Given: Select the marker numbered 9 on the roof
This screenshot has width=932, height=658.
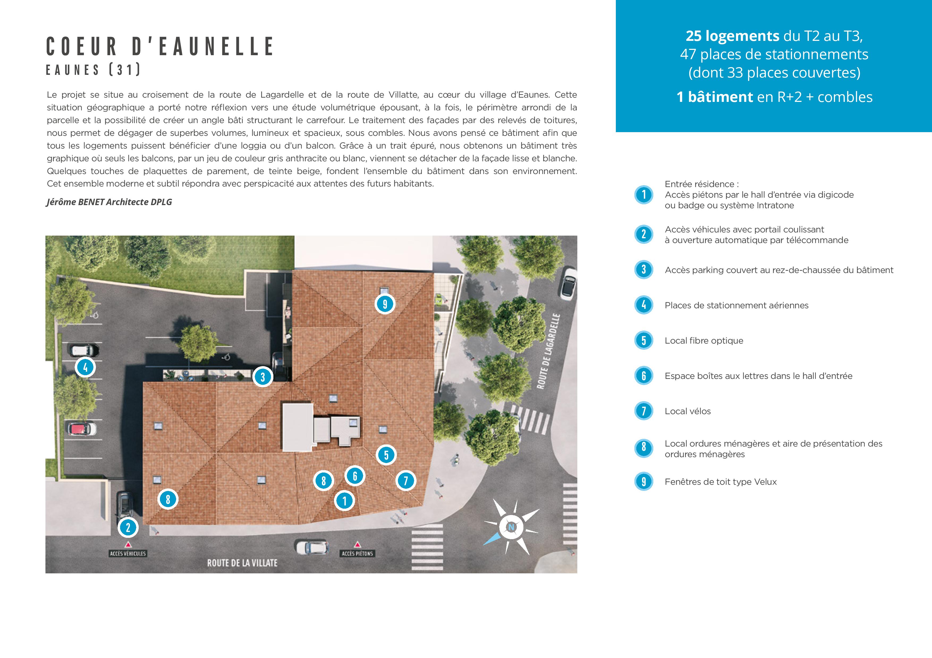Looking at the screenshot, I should click(x=385, y=304).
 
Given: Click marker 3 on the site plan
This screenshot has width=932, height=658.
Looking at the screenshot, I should click(x=263, y=377).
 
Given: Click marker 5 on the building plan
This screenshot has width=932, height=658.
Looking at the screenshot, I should click(x=386, y=455).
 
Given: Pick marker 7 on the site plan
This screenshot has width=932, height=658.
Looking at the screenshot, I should click(x=405, y=481).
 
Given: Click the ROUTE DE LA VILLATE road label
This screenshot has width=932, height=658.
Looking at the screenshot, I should click(x=242, y=563).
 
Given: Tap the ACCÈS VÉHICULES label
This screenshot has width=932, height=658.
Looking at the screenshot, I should click(x=128, y=553).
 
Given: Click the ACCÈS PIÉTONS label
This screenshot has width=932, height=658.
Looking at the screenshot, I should click(x=357, y=553).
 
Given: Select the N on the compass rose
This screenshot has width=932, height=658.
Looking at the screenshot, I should click(x=511, y=527).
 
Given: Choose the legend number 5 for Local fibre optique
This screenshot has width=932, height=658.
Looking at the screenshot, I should click(x=644, y=341).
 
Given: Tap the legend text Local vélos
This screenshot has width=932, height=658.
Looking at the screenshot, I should click(x=688, y=411).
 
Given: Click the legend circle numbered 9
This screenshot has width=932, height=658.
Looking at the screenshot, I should click(x=644, y=482).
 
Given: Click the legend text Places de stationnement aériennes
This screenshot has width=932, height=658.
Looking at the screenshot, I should click(x=736, y=305).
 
